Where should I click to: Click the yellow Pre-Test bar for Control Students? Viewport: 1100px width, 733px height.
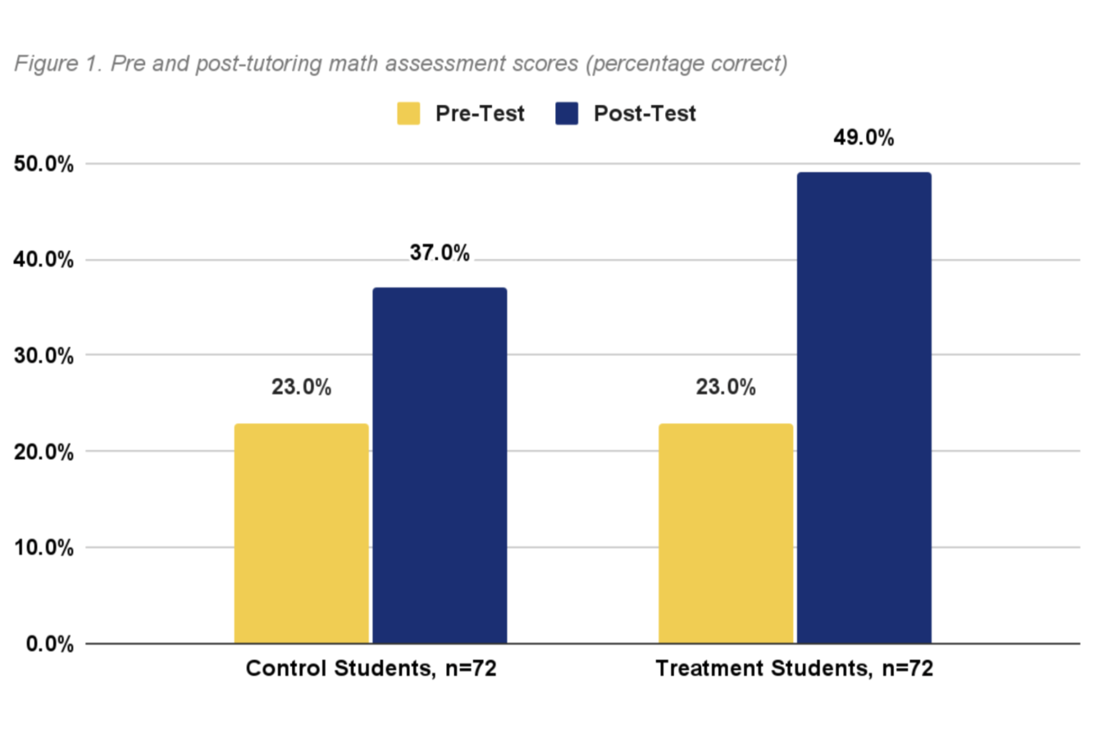coord(301,533)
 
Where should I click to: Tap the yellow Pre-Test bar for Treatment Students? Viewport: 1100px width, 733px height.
coord(726,533)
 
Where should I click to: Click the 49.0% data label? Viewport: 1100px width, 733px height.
coord(863,137)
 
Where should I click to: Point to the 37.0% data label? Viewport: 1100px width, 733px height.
coord(440,252)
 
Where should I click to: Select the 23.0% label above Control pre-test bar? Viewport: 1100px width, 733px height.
coord(301,387)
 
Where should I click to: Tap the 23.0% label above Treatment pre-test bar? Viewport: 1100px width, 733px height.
coord(726,387)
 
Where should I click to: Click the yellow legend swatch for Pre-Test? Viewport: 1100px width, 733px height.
coord(408,114)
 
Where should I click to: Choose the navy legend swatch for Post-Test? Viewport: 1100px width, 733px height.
coord(566,114)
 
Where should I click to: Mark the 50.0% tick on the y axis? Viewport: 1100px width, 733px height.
coord(44,164)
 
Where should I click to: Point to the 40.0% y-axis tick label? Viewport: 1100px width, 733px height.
coord(44,259)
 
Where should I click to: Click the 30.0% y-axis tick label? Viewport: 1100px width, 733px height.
coord(44,356)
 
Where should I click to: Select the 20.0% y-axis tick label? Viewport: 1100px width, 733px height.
coord(44,452)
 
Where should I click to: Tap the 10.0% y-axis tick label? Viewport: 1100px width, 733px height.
coord(44,547)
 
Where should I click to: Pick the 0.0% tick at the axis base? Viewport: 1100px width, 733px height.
coord(49,644)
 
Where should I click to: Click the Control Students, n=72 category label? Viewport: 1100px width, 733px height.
coord(371,668)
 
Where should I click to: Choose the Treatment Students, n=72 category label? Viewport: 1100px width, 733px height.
coord(794,668)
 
